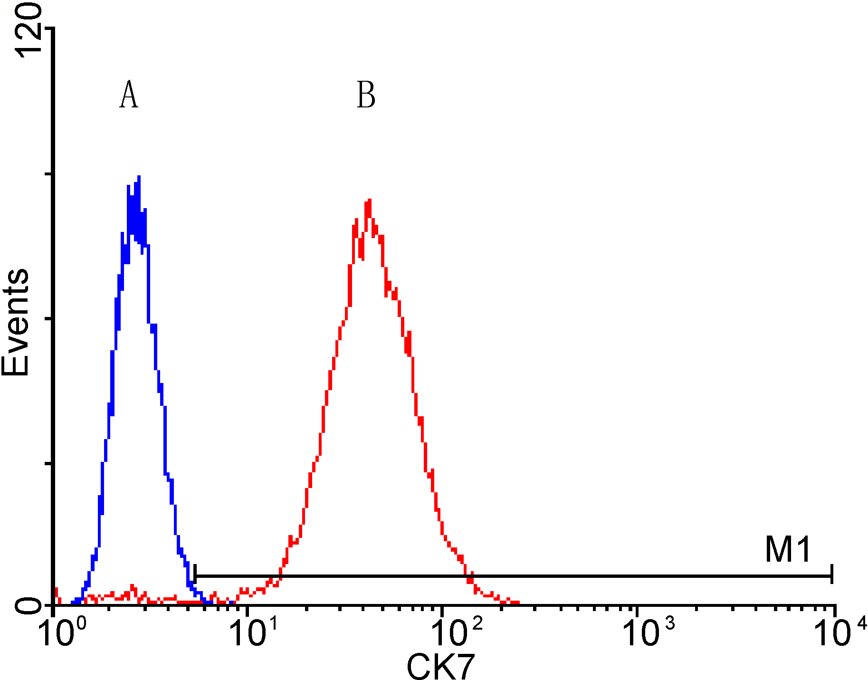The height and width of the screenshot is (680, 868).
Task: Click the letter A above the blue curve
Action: (x=129, y=95)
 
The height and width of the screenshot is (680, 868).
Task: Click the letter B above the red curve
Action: (x=366, y=95)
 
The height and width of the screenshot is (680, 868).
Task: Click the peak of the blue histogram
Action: (x=139, y=177)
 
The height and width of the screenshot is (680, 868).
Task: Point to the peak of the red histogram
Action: (x=369, y=201)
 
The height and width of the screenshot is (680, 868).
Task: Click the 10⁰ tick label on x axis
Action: (x=63, y=633)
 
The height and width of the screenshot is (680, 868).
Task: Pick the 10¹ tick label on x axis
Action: (x=254, y=633)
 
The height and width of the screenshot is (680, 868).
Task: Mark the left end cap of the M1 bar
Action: (x=195, y=576)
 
